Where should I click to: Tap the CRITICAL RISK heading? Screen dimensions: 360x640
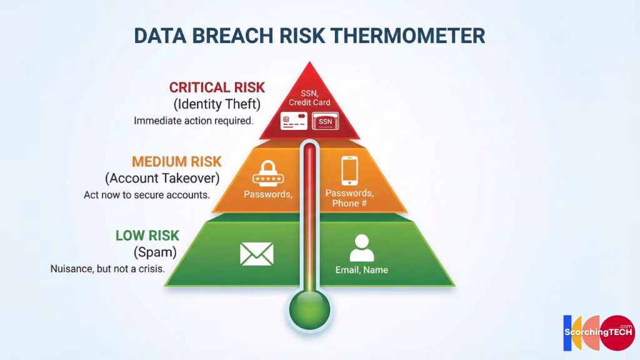[217, 87]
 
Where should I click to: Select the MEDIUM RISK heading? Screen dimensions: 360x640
[176, 162]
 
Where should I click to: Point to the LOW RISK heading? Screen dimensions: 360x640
[147, 236]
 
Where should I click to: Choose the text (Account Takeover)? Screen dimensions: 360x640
[162, 178]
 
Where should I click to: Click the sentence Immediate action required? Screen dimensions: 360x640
[193, 121]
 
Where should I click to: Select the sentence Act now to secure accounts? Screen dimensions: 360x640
[146, 194]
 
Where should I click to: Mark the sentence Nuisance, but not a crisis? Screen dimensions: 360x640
[107, 269]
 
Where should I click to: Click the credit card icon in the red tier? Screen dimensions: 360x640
[293, 121]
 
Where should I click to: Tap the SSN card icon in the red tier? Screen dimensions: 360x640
[325, 121]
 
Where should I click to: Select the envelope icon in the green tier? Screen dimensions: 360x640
[257, 254]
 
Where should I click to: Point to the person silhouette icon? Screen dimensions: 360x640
[361, 248]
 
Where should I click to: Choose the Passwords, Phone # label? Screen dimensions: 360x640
[349, 198]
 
